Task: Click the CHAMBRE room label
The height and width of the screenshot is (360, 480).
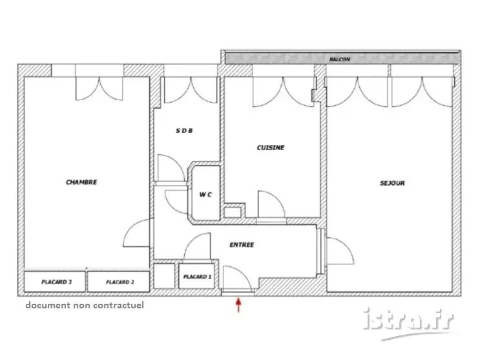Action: pos(81,182)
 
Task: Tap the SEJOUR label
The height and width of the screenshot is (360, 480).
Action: pos(392,183)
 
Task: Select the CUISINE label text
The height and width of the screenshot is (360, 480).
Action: pos(271,147)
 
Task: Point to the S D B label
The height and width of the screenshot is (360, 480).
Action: pos(184,131)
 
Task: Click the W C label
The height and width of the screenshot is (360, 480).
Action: pos(205,195)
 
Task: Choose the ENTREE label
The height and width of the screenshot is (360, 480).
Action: pos(242,245)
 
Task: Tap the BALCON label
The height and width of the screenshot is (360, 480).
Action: pos(340,59)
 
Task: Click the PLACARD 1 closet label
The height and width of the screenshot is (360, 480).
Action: pos(197,277)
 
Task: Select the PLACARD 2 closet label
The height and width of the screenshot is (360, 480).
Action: pos(120,282)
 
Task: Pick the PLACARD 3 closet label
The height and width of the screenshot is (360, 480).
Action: pos(57,282)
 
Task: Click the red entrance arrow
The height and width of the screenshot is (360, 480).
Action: pos(238,305)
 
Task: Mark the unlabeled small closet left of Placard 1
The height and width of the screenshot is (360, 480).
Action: pos(164,276)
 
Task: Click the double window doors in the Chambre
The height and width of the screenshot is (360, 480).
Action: pos(99,89)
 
